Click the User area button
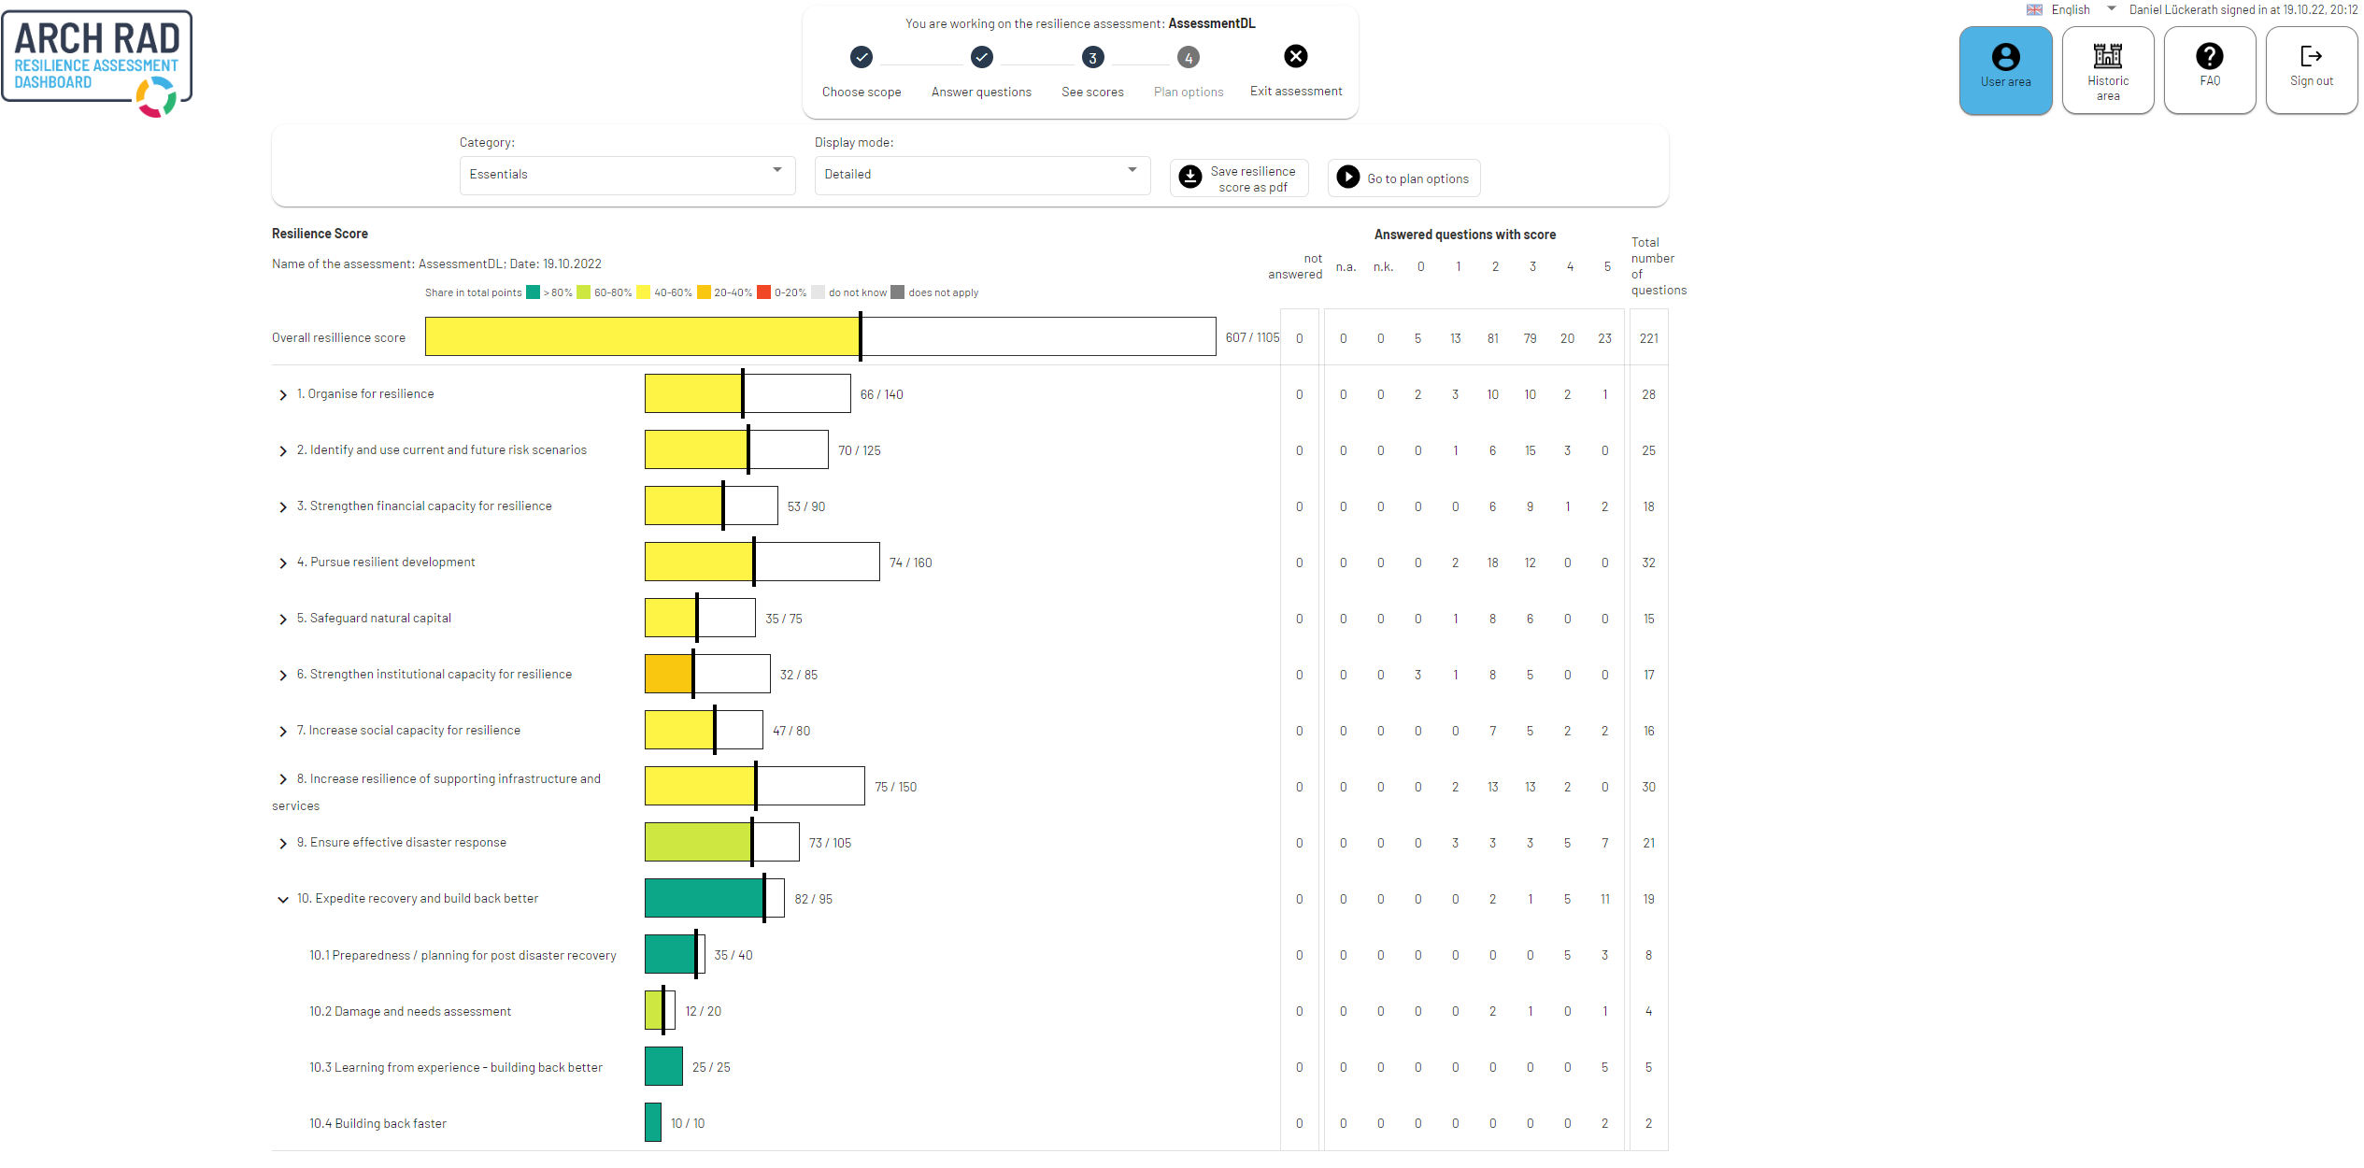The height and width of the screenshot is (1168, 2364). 2004,70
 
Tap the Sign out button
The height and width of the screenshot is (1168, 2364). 2311,70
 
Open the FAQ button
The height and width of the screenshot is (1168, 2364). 2209,70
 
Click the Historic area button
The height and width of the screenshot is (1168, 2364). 2107,70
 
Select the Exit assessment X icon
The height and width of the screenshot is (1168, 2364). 1295,57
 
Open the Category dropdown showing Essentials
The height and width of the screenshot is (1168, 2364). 626,175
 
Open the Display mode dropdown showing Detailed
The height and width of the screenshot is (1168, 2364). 981,175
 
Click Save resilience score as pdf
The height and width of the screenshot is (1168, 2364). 1238,178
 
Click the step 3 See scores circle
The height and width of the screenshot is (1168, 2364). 1092,58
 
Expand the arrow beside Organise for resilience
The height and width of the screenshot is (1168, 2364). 282,395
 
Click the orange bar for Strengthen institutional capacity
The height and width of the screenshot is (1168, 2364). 668,674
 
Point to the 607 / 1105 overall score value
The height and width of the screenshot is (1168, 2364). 1252,337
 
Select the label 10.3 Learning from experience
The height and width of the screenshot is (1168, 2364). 456,1067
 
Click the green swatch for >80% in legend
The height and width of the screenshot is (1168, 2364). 533,292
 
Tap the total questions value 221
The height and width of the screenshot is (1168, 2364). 1648,338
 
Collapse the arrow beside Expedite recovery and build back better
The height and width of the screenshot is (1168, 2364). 282,900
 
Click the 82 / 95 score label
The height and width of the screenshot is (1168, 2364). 813,899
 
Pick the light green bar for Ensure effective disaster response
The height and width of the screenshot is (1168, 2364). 697,842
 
